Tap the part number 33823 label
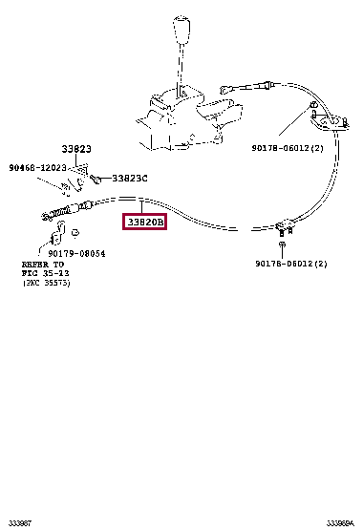coord(76,149)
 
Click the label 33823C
coord(129,178)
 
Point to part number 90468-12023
coord(38,167)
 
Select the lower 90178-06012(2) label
coord(290,264)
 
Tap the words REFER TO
coord(45,265)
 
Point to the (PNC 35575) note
coord(47,284)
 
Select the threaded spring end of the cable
coord(63,211)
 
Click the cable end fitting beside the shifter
coord(260,88)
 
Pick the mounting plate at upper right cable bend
coord(327,119)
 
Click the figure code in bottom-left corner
coord(19,522)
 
